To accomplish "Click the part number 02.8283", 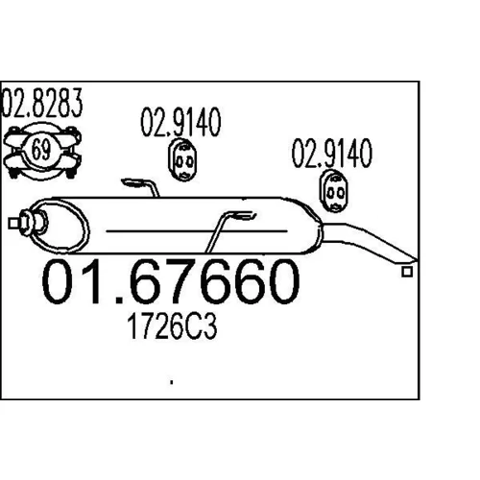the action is (42, 103).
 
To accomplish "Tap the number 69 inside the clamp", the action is (41, 149).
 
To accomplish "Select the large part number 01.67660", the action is (171, 281).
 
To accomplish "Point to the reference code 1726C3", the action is (172, 326).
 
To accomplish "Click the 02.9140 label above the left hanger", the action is (180, 122).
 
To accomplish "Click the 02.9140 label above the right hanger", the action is (332, 153).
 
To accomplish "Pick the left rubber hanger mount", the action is (182, 159).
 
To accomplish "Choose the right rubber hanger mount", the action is (334, 191).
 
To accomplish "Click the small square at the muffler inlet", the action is (13, 224).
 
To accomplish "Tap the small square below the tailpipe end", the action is (407, 272).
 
